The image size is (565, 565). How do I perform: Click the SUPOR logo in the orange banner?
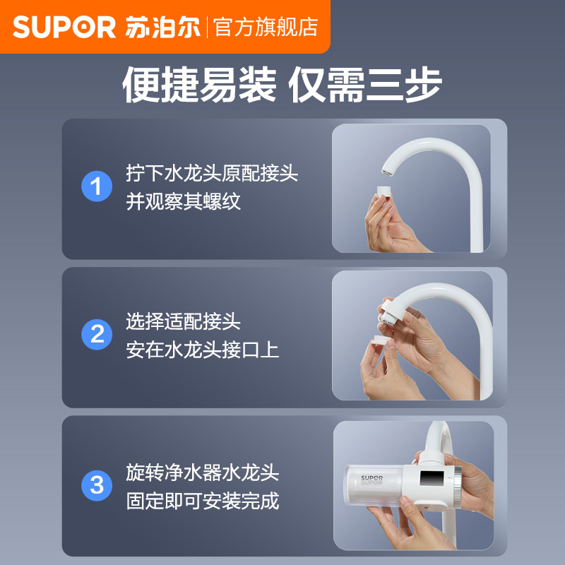[x=64, y=27]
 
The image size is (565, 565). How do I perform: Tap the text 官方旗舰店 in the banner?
[x=266, y=27]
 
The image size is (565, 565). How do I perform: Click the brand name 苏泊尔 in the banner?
[x=163, y=27]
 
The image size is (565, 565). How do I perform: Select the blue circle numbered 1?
[x=97, y=186]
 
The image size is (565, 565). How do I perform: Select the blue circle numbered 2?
[x=97, y=334]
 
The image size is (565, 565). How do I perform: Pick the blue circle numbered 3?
[x=97, y=485]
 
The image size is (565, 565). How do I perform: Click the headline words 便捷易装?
[x=199, y=85]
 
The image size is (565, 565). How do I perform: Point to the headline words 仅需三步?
[x=365, y=85]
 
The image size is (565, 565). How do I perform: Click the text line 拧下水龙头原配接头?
[x=212, y=173]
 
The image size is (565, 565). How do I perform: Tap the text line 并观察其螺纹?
[x=183, y=201]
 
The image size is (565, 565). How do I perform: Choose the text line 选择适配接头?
[x=183, y=321]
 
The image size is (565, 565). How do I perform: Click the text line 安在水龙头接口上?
[x=203, y=350]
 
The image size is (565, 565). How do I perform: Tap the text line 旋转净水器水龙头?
[x=203, y=472]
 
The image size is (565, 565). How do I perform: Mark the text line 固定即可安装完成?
[x=203, y=501]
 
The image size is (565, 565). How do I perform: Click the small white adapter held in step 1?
[x=383, y=191]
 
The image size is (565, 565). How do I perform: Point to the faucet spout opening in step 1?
[x=387, y=173]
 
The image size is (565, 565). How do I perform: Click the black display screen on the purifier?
[x=432, y=478]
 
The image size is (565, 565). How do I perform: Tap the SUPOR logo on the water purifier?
[x=372, y=478]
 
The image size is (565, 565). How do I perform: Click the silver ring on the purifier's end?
[x=457, y=487]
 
